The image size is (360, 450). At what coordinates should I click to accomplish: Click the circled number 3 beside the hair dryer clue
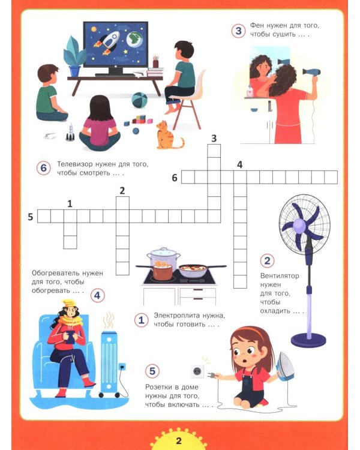pos(239,31)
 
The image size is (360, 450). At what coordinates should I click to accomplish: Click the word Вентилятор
pos(280,276)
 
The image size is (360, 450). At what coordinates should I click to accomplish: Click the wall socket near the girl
pos(197,371)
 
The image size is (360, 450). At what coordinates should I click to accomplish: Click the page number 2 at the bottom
pos(179,440)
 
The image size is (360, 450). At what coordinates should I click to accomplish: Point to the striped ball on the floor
pos(140,100)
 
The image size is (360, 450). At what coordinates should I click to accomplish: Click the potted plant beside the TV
pos(74,56)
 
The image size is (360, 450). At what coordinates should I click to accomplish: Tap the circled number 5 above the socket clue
pos(152,371)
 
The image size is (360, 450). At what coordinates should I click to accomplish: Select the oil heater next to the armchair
pos(109,364)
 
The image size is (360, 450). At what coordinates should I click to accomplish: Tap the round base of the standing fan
pos(308,340)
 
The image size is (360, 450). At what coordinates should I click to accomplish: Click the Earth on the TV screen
pos(135,40)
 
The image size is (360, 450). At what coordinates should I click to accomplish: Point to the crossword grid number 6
pos(175,178)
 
